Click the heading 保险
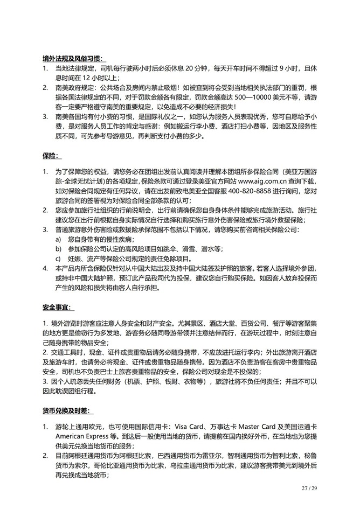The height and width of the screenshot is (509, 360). [52, 156]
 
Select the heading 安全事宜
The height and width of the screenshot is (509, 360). [60, 308]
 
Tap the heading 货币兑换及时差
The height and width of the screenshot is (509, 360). [67, 412]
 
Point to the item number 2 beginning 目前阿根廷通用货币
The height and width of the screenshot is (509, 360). [46, 456]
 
